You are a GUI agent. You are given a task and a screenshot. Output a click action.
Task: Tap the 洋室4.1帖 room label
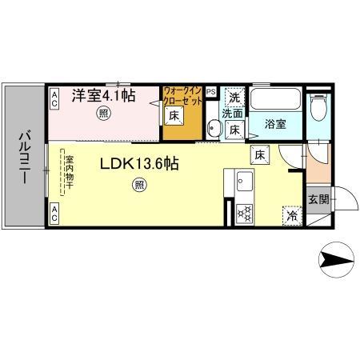pos(104,94)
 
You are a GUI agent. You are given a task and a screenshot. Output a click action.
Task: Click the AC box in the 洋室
pos(55,99)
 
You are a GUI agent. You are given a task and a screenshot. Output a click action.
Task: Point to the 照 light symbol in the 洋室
pos(103,114)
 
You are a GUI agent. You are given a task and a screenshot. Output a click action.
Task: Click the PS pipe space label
pos(211,92)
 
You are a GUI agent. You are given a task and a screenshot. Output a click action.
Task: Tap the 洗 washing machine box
pos(234,98)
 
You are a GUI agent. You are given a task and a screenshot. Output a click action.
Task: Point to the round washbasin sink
pos(215,128)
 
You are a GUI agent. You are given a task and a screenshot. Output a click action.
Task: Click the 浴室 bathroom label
pos(276,125)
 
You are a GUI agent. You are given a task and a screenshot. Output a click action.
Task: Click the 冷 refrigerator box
pos(291,214)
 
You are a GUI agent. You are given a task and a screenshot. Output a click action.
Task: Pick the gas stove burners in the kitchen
pos(245,213)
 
